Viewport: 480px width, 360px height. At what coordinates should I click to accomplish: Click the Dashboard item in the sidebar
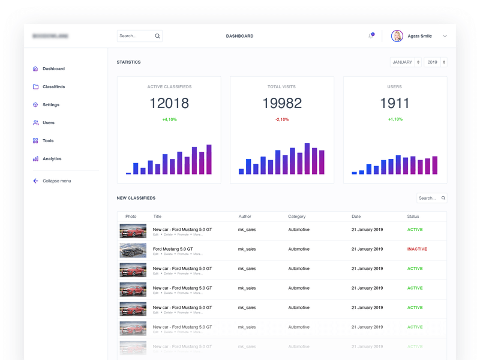[x=53, y=69]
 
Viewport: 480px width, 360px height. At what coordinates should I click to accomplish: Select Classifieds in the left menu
[x=53, y=87]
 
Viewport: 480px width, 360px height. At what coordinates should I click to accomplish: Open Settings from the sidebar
[x=50, y=105]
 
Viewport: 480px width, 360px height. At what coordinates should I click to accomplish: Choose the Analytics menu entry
[x=52, y=159]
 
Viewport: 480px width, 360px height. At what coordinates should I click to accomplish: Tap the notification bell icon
[x=371, y=36]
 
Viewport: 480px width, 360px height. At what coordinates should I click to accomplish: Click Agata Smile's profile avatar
[x=397, y=36]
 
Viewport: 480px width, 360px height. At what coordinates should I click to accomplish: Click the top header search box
[x=139, y=36]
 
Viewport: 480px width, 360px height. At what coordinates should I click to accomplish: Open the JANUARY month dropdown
[x=405, y=62]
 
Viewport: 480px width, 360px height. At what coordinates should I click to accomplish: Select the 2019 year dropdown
[x=436, y=62]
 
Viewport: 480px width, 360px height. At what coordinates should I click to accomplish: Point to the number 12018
[x=169, y=103]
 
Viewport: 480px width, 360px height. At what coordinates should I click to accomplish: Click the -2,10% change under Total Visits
[x=281, y=119]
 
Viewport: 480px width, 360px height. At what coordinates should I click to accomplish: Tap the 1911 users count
[x=394, y=103]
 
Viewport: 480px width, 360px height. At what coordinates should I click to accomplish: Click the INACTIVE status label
[x=417, y=249]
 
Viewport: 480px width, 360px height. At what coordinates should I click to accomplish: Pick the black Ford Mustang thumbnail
[x=133, y=250]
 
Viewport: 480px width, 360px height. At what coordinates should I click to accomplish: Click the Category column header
[x=296, y=217]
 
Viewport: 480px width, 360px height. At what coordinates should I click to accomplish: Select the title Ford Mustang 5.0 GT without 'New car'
[x=173, y=249]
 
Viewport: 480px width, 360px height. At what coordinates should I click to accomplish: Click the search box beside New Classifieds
[x=431, y=198]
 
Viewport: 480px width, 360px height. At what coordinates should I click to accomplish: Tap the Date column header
[x=356, y=217]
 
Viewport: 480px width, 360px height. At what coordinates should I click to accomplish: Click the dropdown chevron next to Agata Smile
[x=445, y=36]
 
